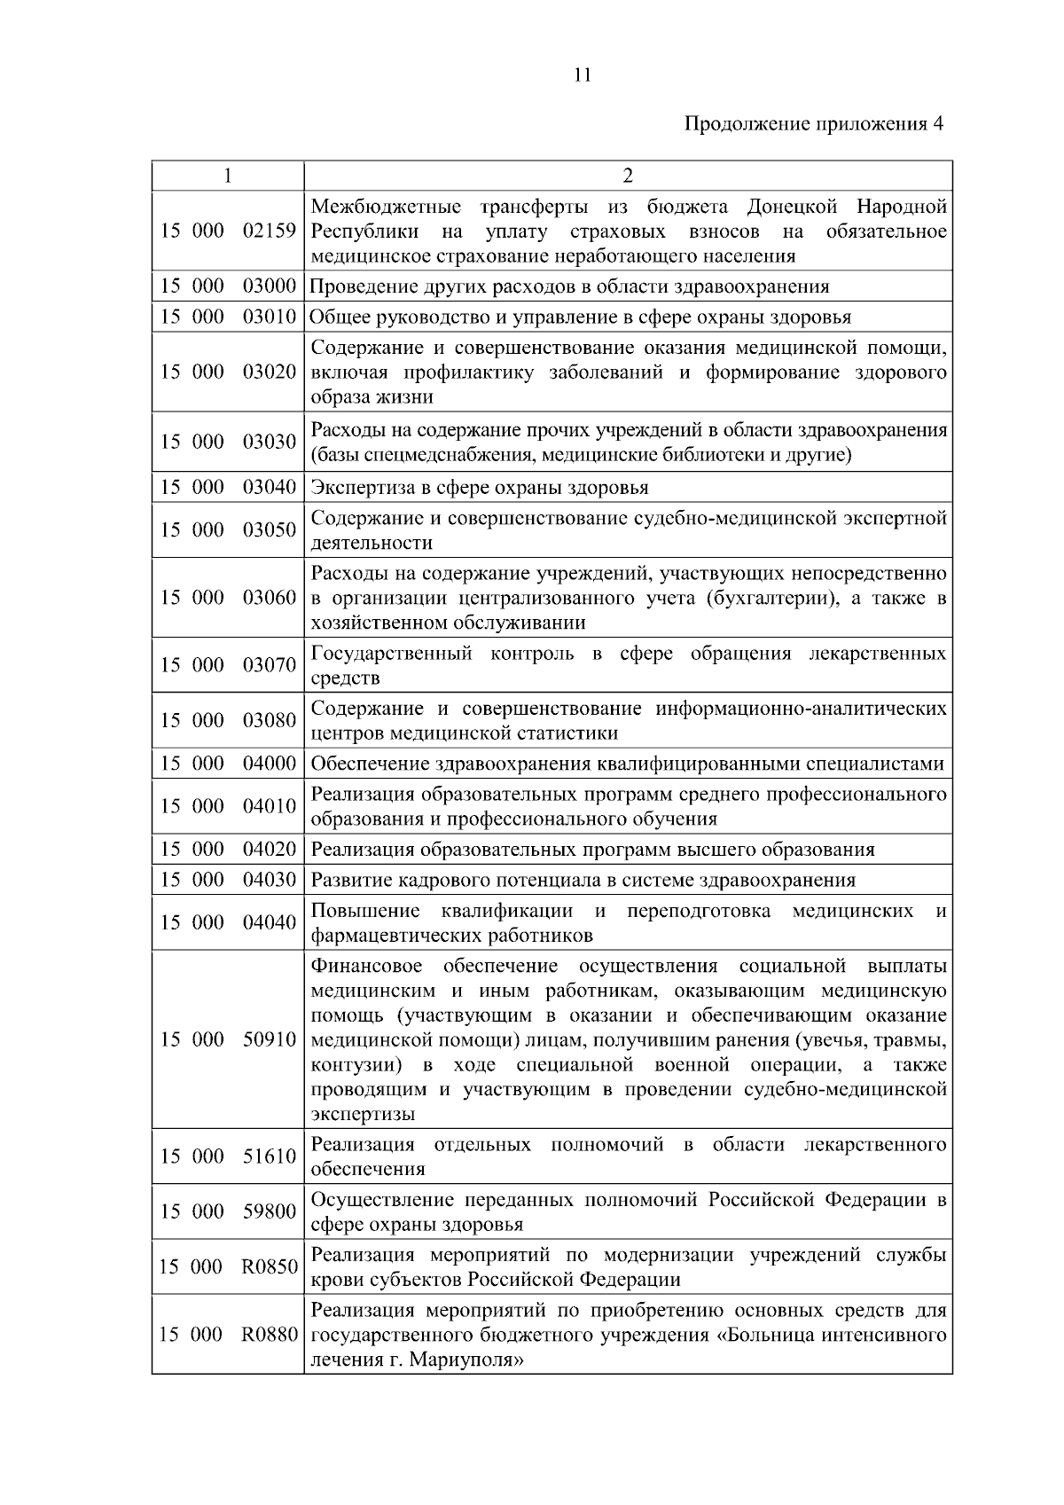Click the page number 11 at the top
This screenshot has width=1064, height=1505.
point(582,75)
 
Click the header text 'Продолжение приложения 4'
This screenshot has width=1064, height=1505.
point(813,124)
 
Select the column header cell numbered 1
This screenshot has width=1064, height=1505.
point(228,176)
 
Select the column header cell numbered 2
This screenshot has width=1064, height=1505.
point(628,176)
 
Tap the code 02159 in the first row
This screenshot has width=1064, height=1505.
point(270,231)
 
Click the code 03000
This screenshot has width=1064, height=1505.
point(270,286)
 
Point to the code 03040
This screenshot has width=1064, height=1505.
point(270,487)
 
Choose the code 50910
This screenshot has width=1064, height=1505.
point(270,1039)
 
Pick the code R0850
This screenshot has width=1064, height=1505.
point(270,1266)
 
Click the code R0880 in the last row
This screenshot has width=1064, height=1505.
point(270,1334)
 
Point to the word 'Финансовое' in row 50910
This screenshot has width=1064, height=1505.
point(366,966)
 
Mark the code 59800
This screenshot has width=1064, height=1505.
point(270,1211)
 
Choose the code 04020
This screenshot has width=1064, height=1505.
point(270,849)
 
